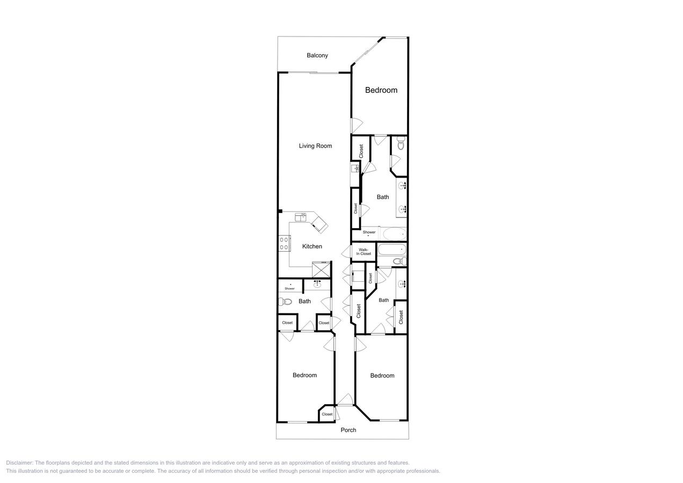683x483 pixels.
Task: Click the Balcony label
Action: click(x=317, y=55)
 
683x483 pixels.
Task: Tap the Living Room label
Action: click(x=315, y=146)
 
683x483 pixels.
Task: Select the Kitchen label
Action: click(x=312, y=246)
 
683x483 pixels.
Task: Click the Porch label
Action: click(x=348, y=430)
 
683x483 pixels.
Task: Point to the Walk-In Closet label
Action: click(x=364, y=252)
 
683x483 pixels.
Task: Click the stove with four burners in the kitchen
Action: click(x=284, y=243)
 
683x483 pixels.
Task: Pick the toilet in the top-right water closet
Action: click(x=401, y=144)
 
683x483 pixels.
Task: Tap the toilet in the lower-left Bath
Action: click(x=285, y=302)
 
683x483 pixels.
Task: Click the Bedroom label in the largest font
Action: click(x=381, y=90)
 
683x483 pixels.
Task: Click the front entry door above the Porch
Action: click(x=345, y=400)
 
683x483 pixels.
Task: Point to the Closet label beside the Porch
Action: click(x=327, y=414)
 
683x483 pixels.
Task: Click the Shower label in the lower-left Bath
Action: click(x=289, y=289)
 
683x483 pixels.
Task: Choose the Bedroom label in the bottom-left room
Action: click(x=304, y=375)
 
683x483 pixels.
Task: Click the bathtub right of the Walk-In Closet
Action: click(x=391, y=250)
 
